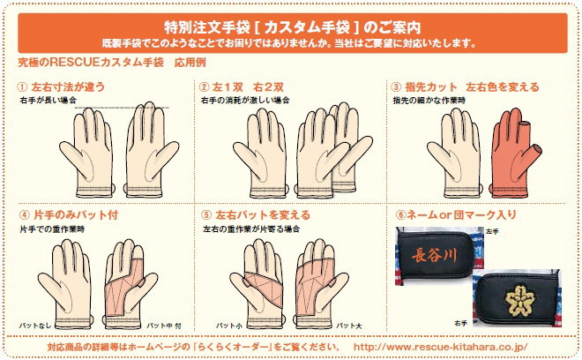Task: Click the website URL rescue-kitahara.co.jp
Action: (440, 348)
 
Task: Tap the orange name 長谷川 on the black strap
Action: (434, 255)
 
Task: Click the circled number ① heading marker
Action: (22, 87)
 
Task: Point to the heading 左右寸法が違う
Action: (68, 87)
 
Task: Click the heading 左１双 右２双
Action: (248, 87)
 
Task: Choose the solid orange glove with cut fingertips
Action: (515, 153)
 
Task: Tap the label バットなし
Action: (34, 326)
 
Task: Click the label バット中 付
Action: (164, 326)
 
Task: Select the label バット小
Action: (229, 326)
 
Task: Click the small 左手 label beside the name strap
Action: (492, 231)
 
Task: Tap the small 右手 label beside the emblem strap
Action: (460, 323)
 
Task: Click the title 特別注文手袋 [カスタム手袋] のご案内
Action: (293, 27)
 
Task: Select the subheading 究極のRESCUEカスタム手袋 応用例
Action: (112, 63)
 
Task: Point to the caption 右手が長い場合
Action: (48, 100)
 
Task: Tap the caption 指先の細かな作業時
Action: (429, 101)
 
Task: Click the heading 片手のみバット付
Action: (76, 214)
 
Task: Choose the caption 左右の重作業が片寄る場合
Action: (251, 229)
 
